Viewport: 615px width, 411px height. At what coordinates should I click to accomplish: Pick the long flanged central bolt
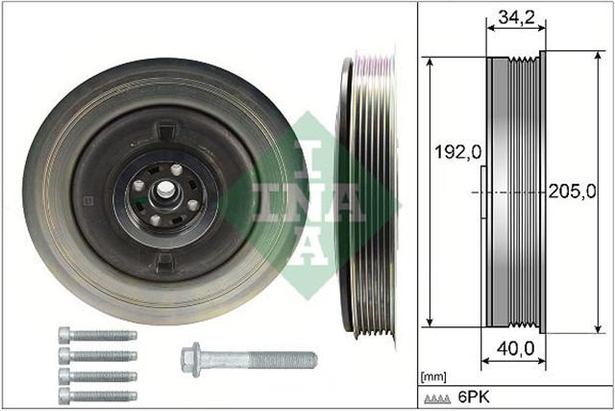click(x=248, y=360)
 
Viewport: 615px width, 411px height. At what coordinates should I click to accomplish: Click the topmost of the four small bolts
click(x=97, y=336)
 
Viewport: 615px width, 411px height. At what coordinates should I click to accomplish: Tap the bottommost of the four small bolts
click(x=97, y=394)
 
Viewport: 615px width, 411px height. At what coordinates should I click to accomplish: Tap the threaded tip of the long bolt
click(x=309, y=360)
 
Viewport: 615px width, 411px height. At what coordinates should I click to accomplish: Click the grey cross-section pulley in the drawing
click(x=514, y=193)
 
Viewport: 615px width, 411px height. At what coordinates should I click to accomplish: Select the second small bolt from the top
click(x=97, y=355)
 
